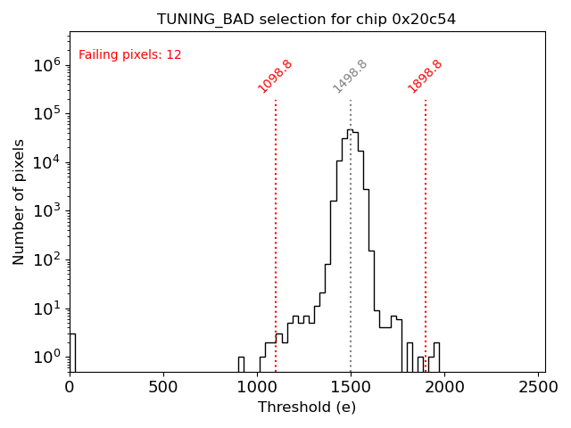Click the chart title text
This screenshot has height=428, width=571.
[x=306, y=19]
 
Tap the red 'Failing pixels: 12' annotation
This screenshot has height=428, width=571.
[x=130, y=54]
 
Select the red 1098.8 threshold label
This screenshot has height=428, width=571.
[x=275, y=77]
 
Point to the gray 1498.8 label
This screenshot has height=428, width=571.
[x=350, y=77]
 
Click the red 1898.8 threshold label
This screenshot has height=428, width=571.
[x=425, y=77]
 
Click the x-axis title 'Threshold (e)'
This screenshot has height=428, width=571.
[x=307, y=407]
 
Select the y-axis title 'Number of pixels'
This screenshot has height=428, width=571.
[x=20, y=202]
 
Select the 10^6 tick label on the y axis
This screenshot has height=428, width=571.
[x=46, y=64]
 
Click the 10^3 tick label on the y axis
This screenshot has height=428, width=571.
[x=46, y=210]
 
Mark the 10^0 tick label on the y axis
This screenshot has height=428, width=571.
[x=46, y=357]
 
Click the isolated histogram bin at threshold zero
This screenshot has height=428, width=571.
[x=72, y=352]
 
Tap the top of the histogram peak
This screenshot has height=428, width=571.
[x=350, y=130]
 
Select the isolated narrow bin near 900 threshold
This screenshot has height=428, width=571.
[x=241, y=364]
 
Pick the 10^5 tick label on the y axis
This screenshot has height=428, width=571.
[x=46, y=113]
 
